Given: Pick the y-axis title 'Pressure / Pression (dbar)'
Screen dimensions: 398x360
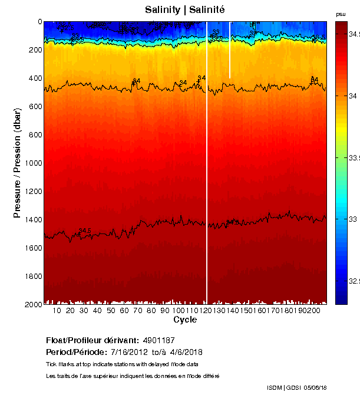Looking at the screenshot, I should [18, 163].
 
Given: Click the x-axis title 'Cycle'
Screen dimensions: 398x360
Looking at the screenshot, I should [184, 320].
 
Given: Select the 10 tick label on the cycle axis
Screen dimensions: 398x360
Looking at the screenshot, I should [57, 311].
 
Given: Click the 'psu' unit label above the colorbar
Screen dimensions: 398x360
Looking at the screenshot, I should [341, 14].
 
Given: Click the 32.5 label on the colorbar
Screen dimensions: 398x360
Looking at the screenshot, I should [354, 281].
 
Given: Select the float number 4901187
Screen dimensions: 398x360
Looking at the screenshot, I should [158, 341].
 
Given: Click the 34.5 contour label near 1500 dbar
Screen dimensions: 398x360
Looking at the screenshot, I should [85, 231].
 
